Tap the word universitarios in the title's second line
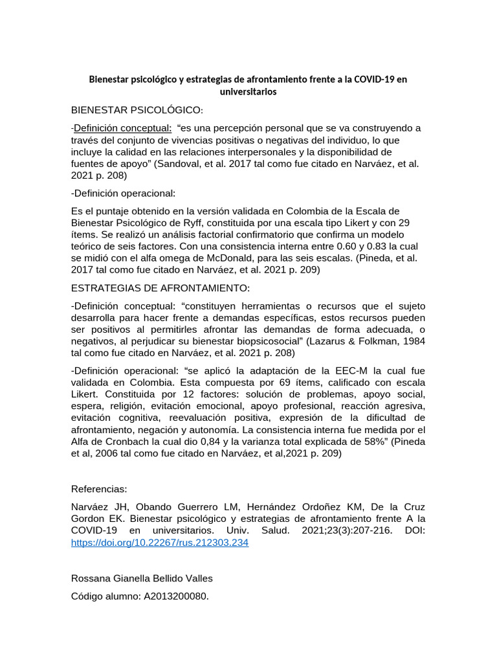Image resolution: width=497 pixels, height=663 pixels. [248, 91]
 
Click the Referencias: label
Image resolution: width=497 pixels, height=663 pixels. [100, 489]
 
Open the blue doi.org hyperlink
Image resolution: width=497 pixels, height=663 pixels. [160, 543]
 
